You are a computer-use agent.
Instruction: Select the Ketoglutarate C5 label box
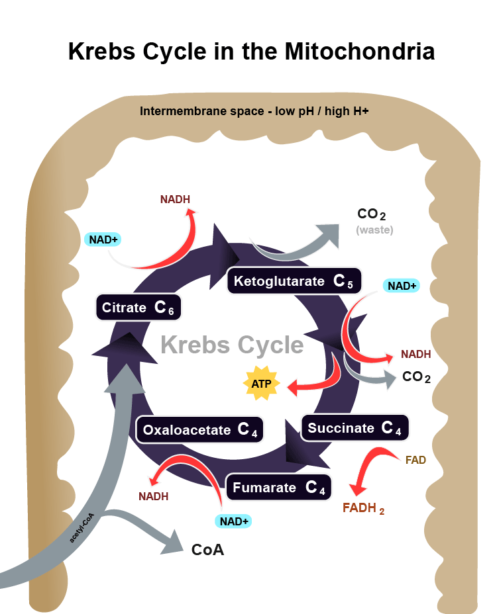point(294,281)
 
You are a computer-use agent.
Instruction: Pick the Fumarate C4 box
point(278,488)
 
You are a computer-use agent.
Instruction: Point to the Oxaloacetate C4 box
point(199,431)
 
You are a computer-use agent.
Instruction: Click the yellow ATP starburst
point(257,383)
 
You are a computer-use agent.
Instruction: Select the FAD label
point(415,459)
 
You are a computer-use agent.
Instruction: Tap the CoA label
point(207,550)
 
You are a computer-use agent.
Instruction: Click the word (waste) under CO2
point(374,230)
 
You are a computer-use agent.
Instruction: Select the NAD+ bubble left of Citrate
point(105,239)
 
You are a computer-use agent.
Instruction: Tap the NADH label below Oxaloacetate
point(153,496)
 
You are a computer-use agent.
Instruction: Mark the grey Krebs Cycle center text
point(232,345)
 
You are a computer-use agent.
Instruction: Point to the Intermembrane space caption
point(254,111)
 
